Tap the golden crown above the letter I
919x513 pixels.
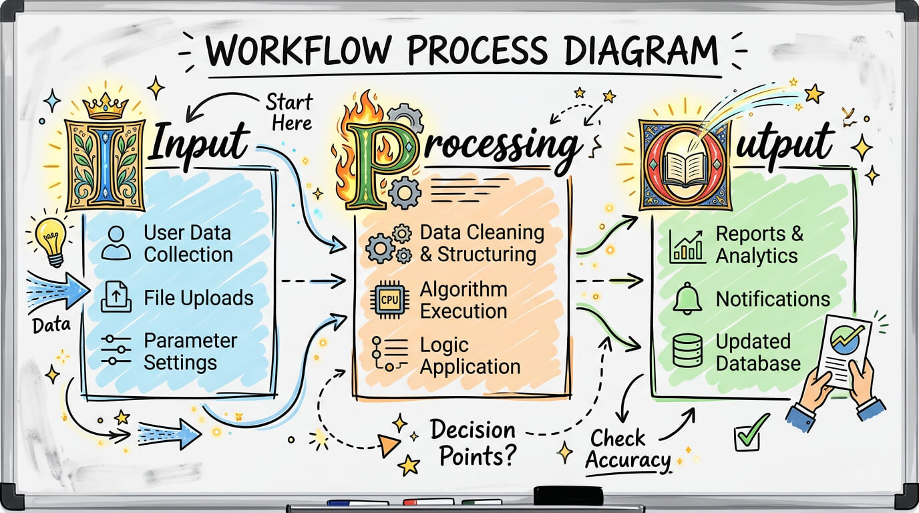[x=105, y=105]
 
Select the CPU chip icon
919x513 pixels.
[x=389, y=300]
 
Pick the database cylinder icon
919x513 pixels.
[x=687, y=351]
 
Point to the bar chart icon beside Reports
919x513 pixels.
[x=687, y=246]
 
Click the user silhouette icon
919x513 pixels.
[x=116, y=243]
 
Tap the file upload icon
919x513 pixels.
[x=116, y=297]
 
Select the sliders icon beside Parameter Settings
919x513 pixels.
[x=116, y=349]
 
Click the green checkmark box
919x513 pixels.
[x=750, y=433]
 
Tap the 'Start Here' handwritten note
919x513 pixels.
[x=290, y=112]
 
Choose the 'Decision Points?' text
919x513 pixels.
[x=475, y=442]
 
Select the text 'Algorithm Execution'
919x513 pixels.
[x=464, y=300]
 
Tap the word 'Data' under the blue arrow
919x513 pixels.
[x=51, y=325]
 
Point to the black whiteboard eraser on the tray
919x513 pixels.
[x=568, y=496]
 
